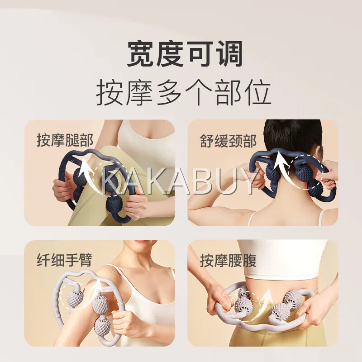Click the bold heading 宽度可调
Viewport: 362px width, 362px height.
click(185, 53)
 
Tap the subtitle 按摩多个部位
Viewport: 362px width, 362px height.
click(184, 92)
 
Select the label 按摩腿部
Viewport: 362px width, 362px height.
click(65, 140)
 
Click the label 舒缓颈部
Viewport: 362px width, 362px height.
click(228, 141)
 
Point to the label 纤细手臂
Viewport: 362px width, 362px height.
click(64, 260)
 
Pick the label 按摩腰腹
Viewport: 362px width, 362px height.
click(228, 261)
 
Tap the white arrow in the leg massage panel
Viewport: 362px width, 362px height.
click(88, 176)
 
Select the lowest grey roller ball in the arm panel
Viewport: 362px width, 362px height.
click(102, 326)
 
